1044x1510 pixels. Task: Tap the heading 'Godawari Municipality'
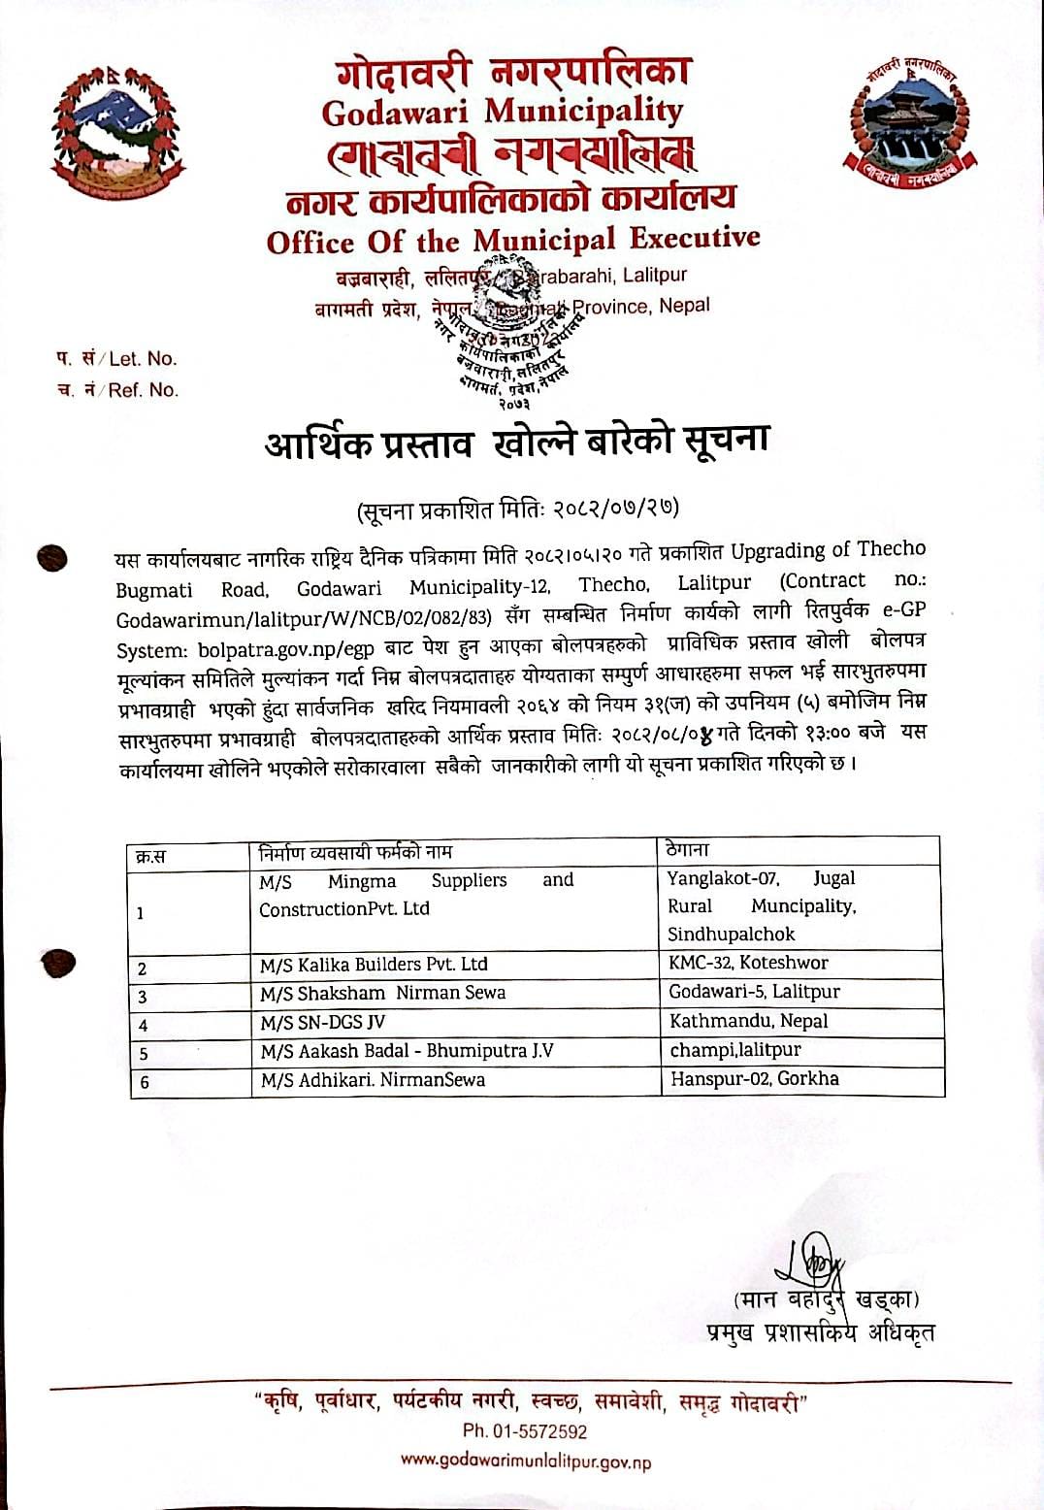pyautogui.click(x=502, y=111)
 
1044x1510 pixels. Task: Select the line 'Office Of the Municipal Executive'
pyautogui.click(x=513, y=239)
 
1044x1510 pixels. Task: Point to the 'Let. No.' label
pyautogui.click(x=142, y=359)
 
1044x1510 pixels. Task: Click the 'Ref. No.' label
pyautogui.click(x=143, y=390)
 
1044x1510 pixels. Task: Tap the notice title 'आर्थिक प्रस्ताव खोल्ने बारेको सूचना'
pyautogui.click(x=516, y=443)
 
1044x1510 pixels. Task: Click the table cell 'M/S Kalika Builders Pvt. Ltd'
pyautogui.click(x=374, y=965)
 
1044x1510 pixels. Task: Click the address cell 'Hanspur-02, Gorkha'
pyautogui.click(x=754, y=1078)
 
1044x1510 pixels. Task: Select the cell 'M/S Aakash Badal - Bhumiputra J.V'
pyautogui.click(x=407, y=1051)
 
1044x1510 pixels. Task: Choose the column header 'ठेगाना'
pyautogui.click(x=688, y=849)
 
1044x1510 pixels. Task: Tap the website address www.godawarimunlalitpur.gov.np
pyautogui.click(x=525, y=1461)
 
